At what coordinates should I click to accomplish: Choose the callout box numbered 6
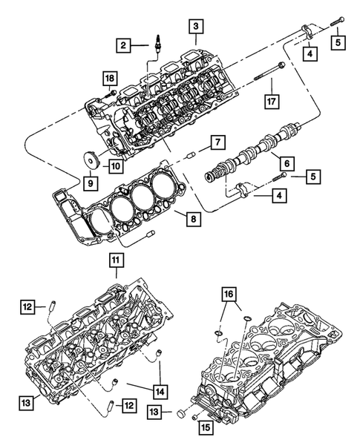(283, 160)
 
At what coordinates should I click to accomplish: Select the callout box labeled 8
(194, 219)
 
